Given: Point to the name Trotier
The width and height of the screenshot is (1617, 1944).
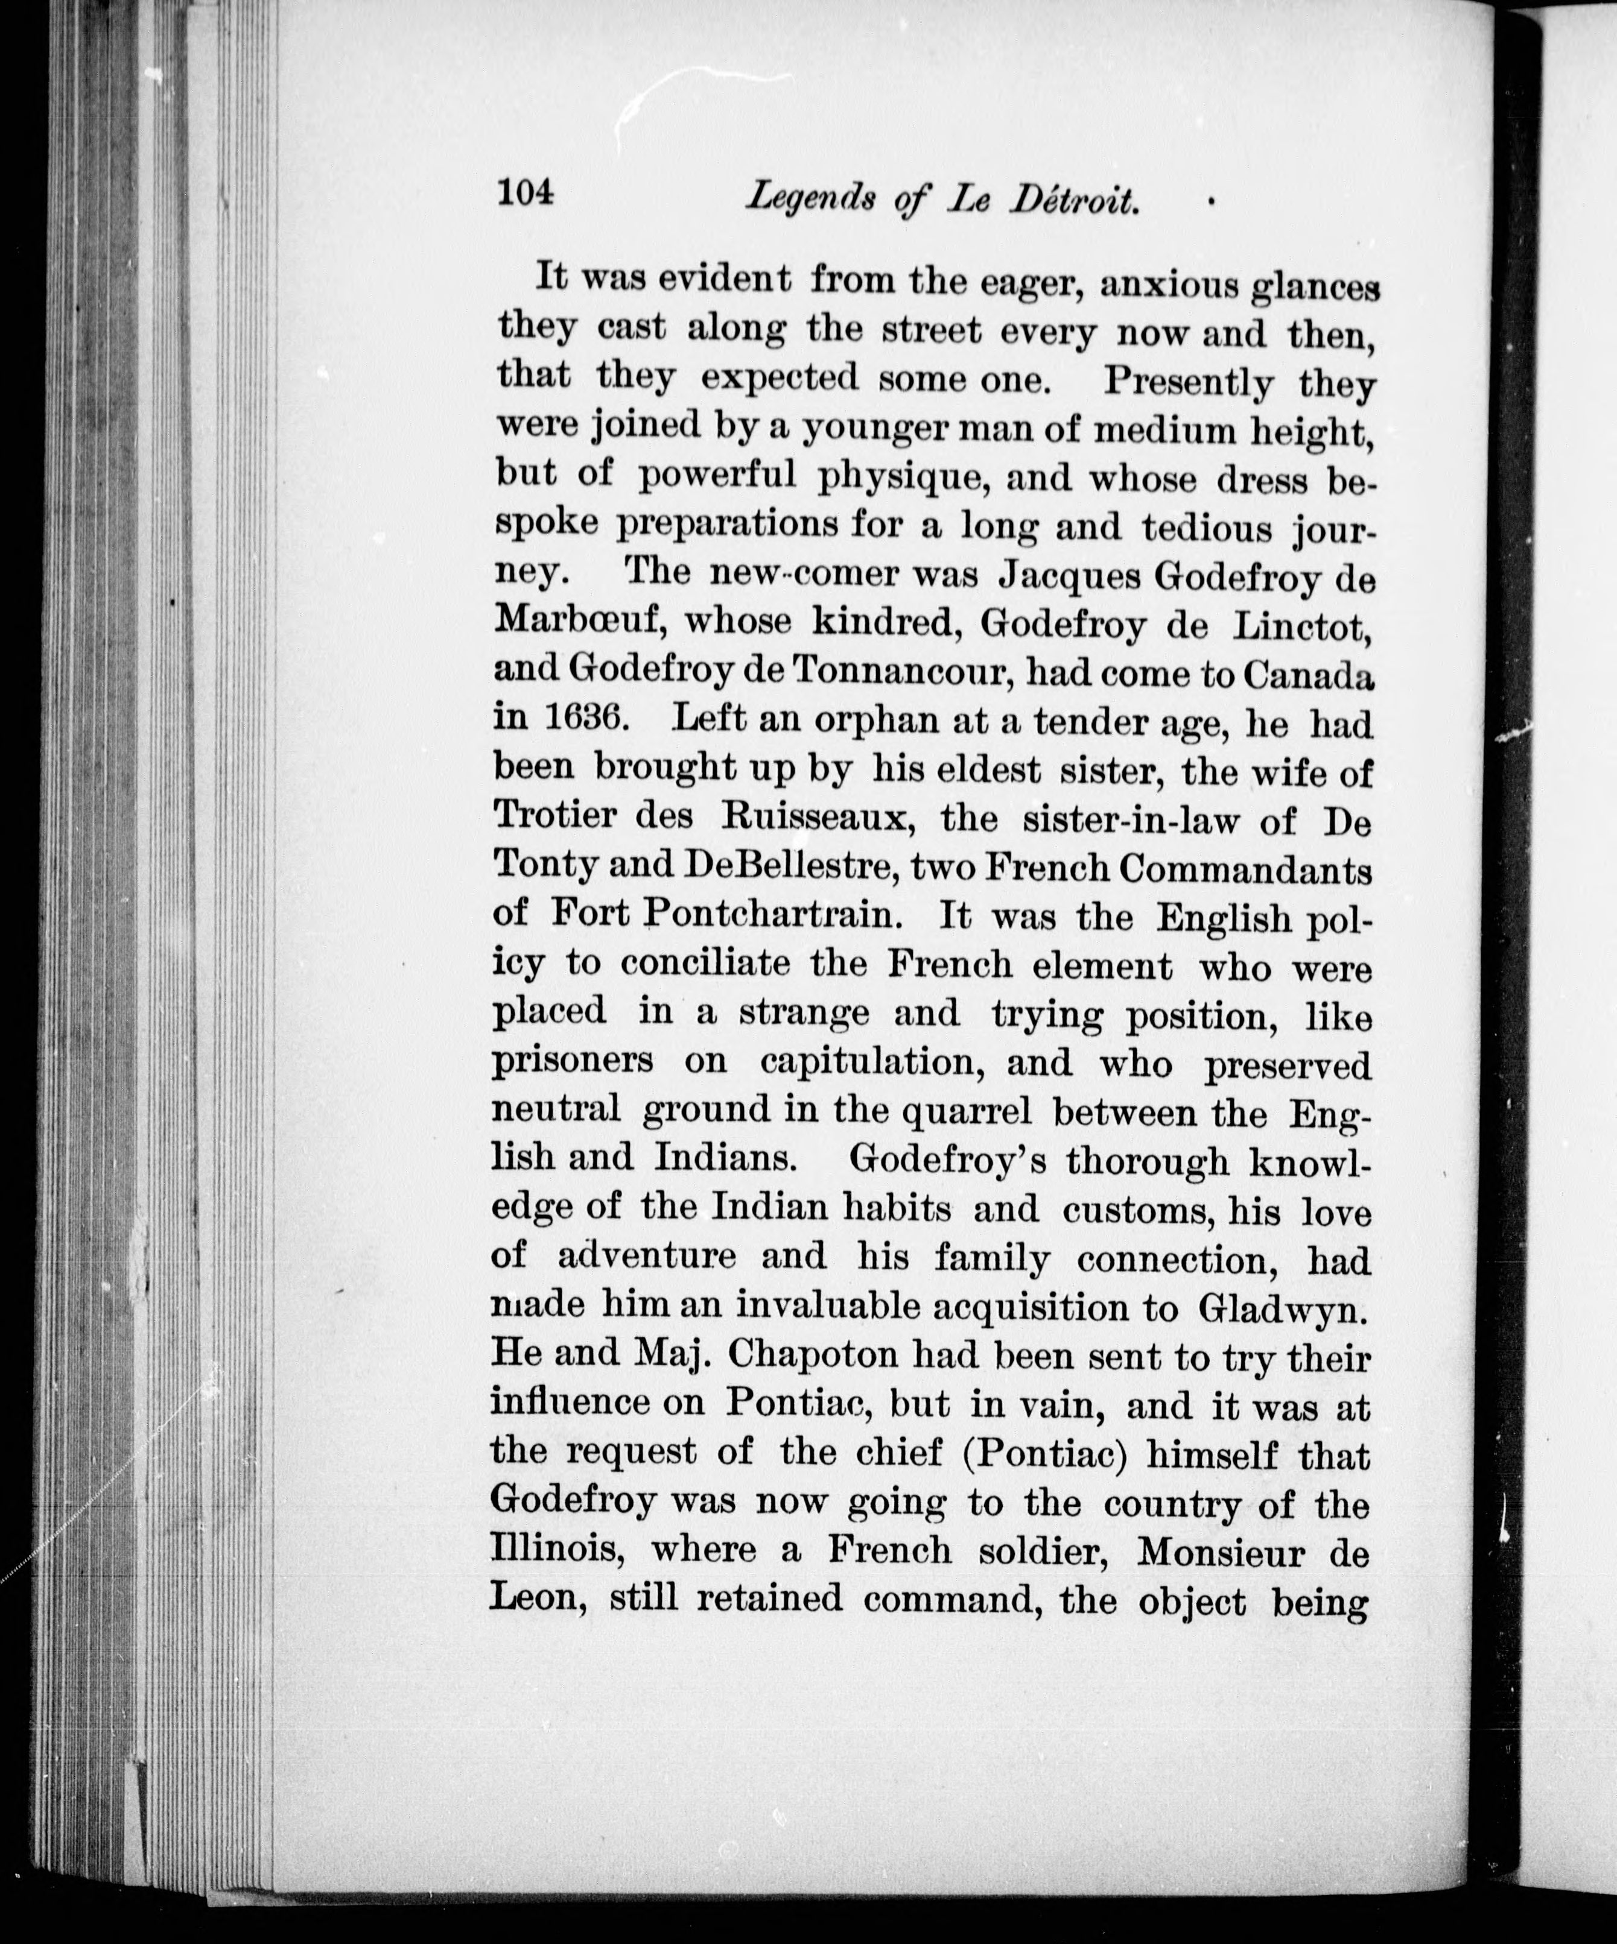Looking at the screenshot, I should pyautogui.click(x=554, y=816).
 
